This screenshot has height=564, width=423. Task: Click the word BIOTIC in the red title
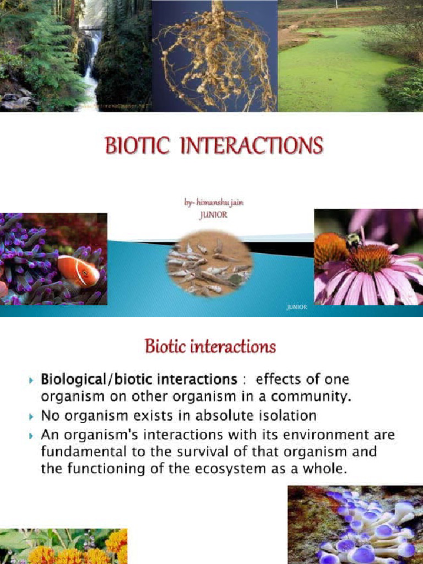point(135,146)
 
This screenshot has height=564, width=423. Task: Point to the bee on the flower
point(353,240)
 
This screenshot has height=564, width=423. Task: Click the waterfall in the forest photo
point(90,66)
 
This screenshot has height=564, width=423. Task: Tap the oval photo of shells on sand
point(209,264)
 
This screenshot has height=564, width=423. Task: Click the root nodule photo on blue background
point(215,55)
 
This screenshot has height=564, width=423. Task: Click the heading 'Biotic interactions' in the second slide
point(210,347)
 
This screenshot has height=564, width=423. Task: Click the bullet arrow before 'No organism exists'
point(31,416)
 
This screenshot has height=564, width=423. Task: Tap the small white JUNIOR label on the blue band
point(297,307)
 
